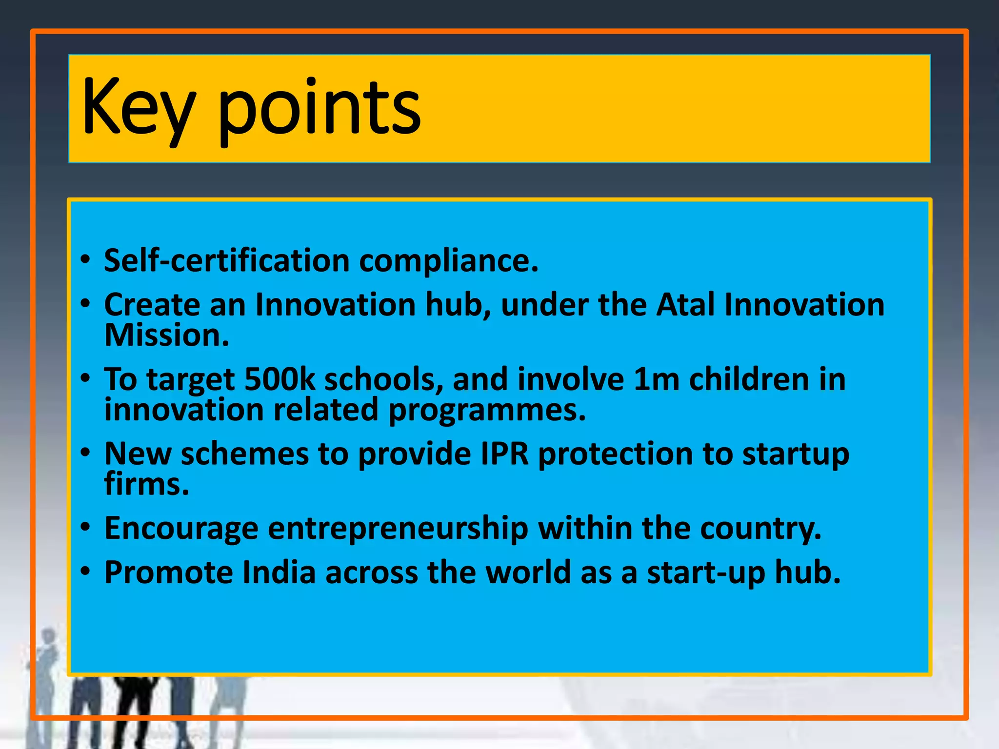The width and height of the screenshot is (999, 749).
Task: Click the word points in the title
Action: pyautogui.click(x=319, y=108)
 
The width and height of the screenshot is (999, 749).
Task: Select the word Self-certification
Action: pyautogui.click(x=227, y=260)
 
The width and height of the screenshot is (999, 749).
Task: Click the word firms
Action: pyautogui.click(x=146, y=484)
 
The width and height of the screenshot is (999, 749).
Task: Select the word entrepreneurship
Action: pyautogui.click(x=398, y=529)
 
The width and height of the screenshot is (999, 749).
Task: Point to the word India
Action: pyautogui.click(x=279, y=572)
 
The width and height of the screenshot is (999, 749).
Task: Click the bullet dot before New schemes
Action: pyautogui.click(x=86, y=453)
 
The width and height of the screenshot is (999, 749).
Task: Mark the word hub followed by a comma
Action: pyautogui.click(x=458, y=305)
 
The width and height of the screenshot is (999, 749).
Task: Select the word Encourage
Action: pyautogui.click(x=181, y=529)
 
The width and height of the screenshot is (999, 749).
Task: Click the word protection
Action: pyautogui.click(x=615, y=454)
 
